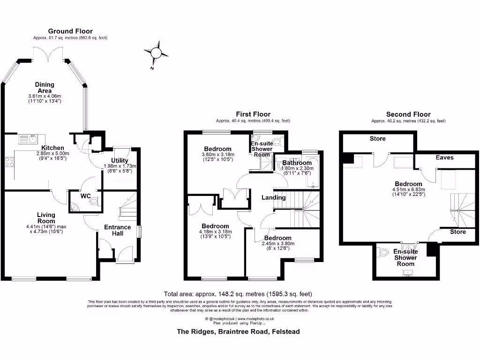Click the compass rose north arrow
click(x=157, y=52)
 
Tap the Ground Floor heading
click(x=70, y=31)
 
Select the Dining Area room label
click(x=45, y=88)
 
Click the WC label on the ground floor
click(x=85, y=195)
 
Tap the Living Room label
click(x=46, y=218)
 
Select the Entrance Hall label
click(x=117, y=230)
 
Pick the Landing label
click(x=274, y=197)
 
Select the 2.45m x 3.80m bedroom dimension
click(x=277, y=244)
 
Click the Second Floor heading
click(x=408, y=114)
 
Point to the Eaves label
click(x=444, y=157)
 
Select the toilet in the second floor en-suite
click(x=383, y=254)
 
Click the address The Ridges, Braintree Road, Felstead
click(x=238, y=331)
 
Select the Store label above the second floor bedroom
click(x=377, y=139)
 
